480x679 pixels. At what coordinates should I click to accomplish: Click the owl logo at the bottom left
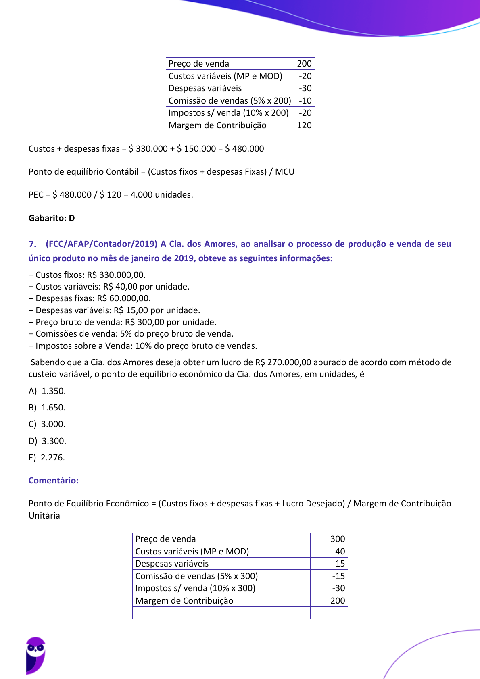click(35, 655)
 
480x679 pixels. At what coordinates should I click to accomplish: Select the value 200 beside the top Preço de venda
click(304, 64)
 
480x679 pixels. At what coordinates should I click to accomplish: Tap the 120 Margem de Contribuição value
click(304, 125)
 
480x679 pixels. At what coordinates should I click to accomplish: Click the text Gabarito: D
click(52, 218)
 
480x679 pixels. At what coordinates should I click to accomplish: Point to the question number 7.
click(32, 244)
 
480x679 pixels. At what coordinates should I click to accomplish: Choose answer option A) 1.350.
click(47, 391)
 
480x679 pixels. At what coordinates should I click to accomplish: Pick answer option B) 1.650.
click(47, 408)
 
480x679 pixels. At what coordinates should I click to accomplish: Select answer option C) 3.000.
click(47, 424)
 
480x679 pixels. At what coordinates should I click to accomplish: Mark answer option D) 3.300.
click(48, 441)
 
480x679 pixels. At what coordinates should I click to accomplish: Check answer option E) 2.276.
click(47, 458)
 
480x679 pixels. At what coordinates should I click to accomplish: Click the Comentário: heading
click(54, 481)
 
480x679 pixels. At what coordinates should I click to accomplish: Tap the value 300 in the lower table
click(337, 539)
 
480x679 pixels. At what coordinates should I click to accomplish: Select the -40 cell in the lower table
click(338, 552)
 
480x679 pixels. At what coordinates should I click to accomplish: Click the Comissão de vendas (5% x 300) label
click(196, 576)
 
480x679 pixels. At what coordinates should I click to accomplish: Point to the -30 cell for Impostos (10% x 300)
click(338, 588)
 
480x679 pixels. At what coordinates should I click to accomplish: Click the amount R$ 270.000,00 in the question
click(283, 362)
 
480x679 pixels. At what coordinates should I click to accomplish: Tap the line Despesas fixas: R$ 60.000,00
click(90, 298)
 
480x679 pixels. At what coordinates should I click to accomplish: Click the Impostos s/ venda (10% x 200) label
click(228, 113)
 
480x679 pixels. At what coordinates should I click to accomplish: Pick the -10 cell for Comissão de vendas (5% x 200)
click(305, 101)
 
